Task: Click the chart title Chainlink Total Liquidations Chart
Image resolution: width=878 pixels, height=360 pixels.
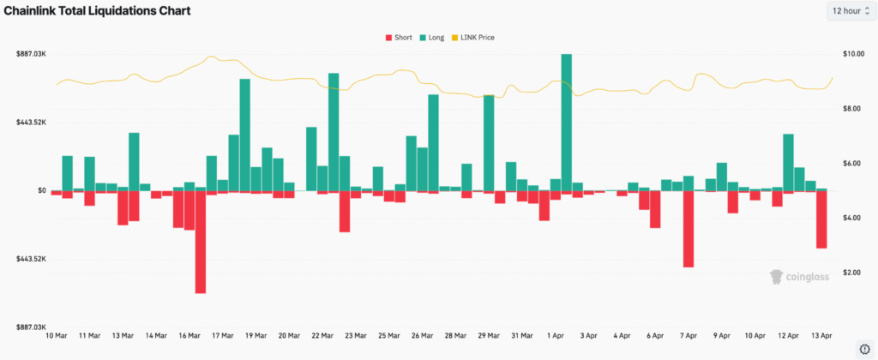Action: [x=97, y=11]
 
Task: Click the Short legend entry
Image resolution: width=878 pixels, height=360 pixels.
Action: [x=399, y=38]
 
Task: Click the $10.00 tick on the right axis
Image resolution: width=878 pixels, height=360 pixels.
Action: [x=852, y=54]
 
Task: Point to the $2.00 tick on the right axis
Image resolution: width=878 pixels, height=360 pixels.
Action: [x=852, y=273]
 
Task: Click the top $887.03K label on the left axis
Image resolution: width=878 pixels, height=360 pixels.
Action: [x=30, y=54]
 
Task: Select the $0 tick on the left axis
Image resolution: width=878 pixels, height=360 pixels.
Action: [x=40, y=190]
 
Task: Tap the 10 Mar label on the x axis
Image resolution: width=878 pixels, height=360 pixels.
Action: [x=56, y=336]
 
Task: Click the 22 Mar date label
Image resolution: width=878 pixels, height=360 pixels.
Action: [x=322, y=336]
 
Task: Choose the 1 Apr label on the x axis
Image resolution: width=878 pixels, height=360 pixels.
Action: [x=554, y=336]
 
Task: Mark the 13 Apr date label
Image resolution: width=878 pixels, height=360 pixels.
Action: [x=821, y=336]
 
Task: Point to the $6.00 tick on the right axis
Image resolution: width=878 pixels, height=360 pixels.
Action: [x=852, y=163]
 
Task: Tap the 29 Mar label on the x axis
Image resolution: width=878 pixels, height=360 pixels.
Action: [x=488, y=336]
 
